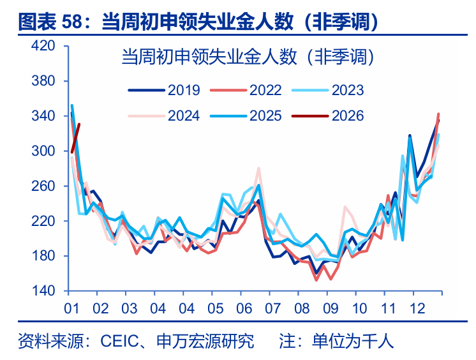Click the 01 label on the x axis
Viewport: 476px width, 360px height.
point(71,307)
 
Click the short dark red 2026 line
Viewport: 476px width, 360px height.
point(75,138)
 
